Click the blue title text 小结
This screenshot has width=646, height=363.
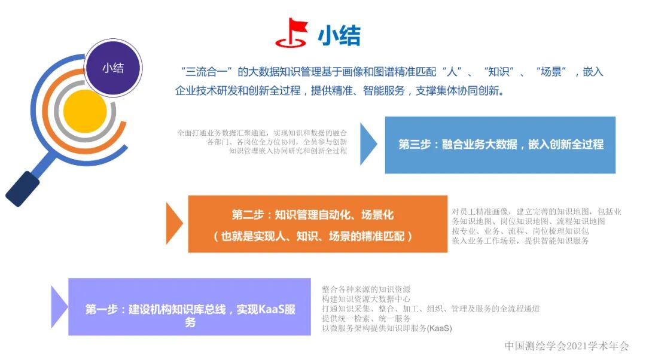[339, 36]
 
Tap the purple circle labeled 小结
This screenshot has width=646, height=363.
[113, 68]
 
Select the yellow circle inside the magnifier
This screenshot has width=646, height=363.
[85, 111]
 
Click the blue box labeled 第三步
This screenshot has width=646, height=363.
[500, 145]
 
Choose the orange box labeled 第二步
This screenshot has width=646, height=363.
[318, 224]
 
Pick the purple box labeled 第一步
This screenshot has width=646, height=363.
[190, 306]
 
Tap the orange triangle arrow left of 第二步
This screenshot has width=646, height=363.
[174, 223]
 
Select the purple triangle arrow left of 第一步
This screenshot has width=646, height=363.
[59, 306]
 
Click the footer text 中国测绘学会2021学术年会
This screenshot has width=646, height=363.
[566, 346]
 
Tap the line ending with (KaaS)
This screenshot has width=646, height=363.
[387, 328]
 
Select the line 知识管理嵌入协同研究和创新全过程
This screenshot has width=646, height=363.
[288, 151]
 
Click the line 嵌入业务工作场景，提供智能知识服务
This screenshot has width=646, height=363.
[520, 241]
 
